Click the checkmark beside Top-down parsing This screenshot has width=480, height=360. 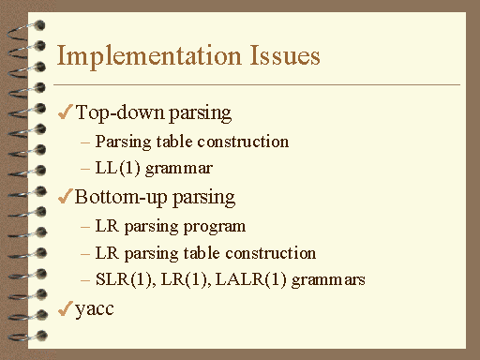pyautogui.click(x=65, y=113)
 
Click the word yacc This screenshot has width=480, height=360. pyautogui.click(x=95, y=309)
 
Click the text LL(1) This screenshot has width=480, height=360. pyautogui.click(x=116, y=169)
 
